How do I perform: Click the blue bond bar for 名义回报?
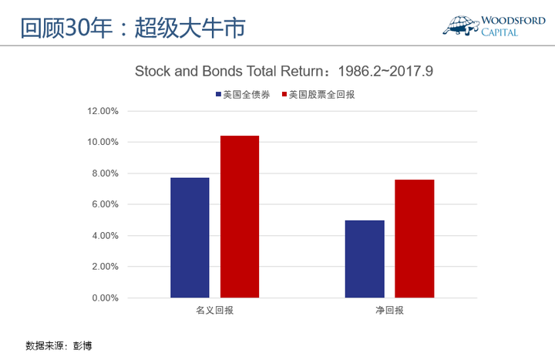[190, 237]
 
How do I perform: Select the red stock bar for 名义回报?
[240, 217]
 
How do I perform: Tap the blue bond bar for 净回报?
[365, 259]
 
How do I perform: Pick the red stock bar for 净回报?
[415, 238]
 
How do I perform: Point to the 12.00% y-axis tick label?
[103, 111]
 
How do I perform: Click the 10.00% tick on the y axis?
[103, 142]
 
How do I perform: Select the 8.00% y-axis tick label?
[105, 173]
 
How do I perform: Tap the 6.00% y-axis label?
[105, 204]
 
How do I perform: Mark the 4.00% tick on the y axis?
[105, 235]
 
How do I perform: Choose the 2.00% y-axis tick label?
[105, 267]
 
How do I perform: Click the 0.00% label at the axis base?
[105, 298]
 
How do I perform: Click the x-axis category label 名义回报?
[215, 311]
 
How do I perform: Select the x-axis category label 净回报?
[390, 311]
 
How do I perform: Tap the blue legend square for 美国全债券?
[218, 94]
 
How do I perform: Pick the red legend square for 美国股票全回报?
[284, 94]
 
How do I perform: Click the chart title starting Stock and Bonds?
[284, 71]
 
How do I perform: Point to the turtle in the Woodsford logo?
[461, 25]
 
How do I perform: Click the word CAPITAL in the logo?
[499, 32]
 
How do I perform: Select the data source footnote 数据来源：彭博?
[59, 345]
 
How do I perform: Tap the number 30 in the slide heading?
[77, 28]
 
